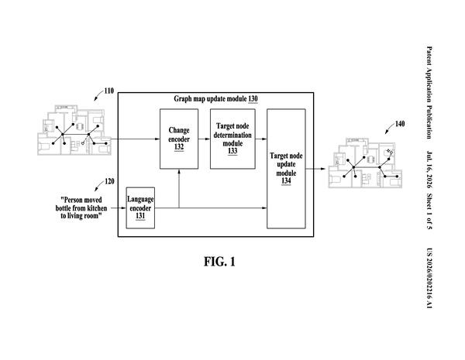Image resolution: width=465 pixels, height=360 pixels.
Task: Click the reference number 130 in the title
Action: click(x=253, y=98)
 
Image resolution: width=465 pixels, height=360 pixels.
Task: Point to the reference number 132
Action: click(x=179, y=147)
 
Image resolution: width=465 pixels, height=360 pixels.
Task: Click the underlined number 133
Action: click(x=232, y=151)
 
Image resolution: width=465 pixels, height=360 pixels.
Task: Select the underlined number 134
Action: click(x=286, y=180)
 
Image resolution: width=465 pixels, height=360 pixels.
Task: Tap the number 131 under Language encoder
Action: click(x=140, y=216)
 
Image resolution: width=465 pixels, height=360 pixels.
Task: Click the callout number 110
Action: click(x=108, y=91)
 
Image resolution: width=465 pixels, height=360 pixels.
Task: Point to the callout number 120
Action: click(x=109, y=181)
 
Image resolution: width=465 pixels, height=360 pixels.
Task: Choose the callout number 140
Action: click(x=400, y=124)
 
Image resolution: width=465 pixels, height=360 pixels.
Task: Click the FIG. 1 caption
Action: click(x=219, y=262)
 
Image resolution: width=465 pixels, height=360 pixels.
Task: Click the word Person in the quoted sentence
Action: click(x=73, y=200)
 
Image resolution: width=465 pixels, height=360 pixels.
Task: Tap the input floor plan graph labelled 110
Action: click(x=74, y=130)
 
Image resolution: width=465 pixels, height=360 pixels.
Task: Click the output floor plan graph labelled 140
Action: click(x=365, y=163)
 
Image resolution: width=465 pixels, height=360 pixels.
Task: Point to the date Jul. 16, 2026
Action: click(x=429, y=170)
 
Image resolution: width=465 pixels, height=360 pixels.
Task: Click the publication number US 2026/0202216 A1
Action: click(x=429, y=278)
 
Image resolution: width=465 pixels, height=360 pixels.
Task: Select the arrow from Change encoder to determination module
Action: click(x=204, y=139)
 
